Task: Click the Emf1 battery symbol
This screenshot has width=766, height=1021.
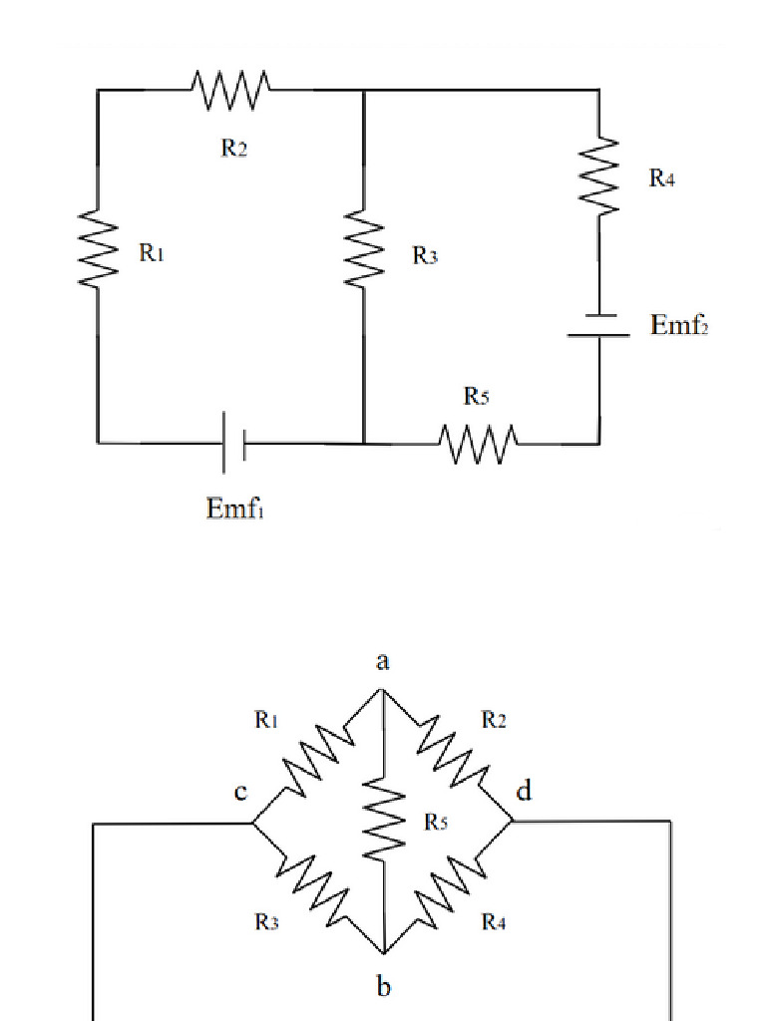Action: coord(233,442)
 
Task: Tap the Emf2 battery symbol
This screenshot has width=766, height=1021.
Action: coord(599,326)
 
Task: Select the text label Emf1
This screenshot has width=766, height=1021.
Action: coord(234,508)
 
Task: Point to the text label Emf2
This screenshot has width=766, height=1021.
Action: coord(679,325)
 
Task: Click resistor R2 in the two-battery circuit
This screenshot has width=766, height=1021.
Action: coord(231,90)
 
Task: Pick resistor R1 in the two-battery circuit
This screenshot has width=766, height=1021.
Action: coord(97,250)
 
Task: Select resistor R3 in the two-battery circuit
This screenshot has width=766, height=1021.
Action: coord(364,250)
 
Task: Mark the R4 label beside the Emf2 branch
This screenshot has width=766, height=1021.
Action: coord(662,177)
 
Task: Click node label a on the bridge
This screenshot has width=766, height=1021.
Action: coord(383,661)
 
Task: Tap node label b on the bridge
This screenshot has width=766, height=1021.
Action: coord(384,987)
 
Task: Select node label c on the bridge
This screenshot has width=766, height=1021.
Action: coord(240,793)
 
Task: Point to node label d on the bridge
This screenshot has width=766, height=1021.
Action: coord(524,793)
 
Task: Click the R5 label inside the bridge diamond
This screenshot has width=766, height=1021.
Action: coord(436,822)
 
